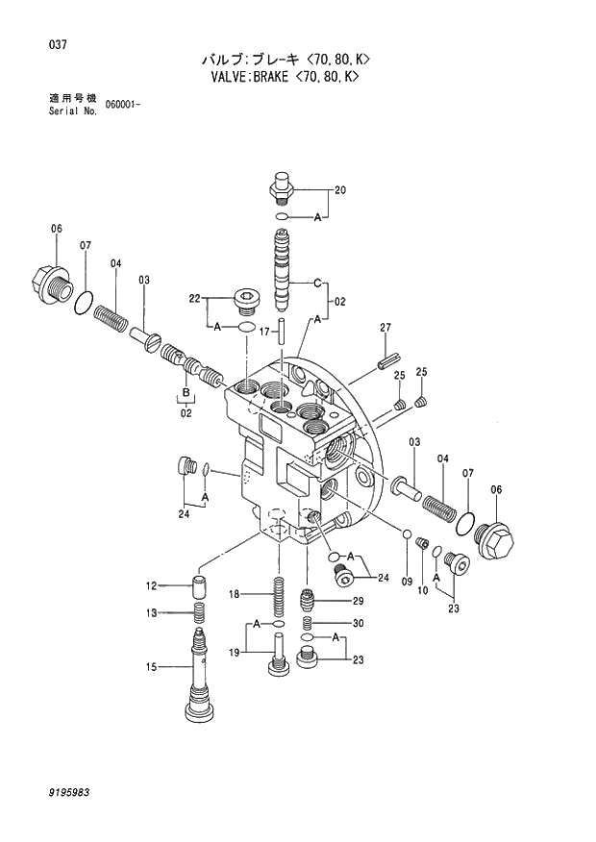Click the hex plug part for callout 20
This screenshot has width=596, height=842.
coord(281,186)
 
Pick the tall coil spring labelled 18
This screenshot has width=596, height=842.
coord(281,598)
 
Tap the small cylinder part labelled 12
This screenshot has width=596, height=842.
coord(199,585)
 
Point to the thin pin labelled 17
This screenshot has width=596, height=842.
coord(283,331)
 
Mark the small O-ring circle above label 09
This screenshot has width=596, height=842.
coord(407,534)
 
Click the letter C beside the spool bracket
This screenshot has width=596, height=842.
coord(314,283)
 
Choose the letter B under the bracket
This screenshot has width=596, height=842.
coord(185,393)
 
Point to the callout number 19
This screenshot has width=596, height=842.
coord(233,655)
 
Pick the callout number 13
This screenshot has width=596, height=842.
coord(151,613)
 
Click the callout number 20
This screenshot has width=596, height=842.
coord(338,191)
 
